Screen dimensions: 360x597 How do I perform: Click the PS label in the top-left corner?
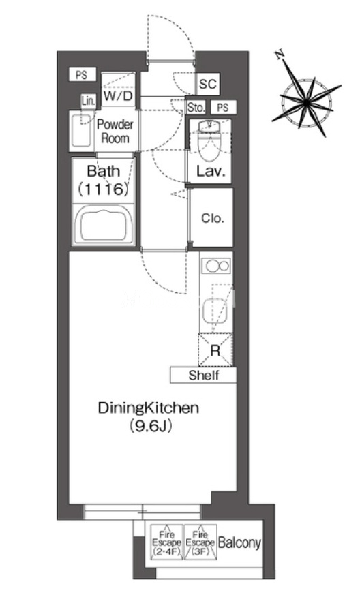pos(82,75)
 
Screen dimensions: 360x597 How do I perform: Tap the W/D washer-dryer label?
pos(119,95)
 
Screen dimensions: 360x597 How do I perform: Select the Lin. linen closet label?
pos(89,101)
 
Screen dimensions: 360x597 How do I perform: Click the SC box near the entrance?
pos(208,83)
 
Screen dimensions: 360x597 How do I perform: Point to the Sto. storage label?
pos(196,108)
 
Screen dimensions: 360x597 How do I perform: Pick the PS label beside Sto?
pos(223,108)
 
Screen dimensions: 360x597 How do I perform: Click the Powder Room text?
pos(115,131)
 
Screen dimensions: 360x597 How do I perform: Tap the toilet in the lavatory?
pos(210,141)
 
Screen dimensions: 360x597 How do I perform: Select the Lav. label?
pos(211,171)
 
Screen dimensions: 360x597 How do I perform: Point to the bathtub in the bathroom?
pos(104,225)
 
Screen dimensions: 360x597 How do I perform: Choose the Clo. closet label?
pos(212,219)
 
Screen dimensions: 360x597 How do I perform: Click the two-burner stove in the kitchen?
pos(216,265)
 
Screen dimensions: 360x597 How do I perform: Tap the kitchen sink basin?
pos(215,312)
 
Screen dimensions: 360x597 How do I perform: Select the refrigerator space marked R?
pos(215,350)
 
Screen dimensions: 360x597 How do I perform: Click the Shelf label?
pos(204,376)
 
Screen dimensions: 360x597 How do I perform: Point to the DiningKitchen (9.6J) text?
pos(149,417)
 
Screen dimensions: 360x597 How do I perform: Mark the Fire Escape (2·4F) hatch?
pos(166,542)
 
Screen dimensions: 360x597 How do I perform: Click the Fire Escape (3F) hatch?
pos(200,542)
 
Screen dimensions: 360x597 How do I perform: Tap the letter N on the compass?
pos(280,55)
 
